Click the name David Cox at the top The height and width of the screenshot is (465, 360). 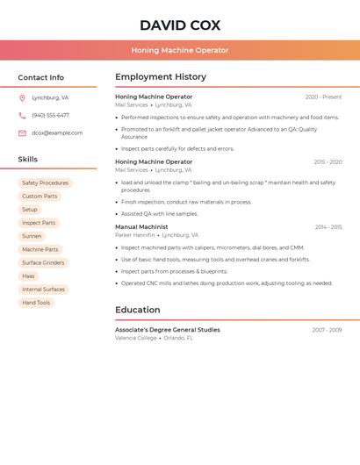pos(180,25)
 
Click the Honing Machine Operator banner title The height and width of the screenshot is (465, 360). pos(180,50)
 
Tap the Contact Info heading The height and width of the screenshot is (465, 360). pos(40,77)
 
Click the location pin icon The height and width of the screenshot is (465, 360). pos(22,97)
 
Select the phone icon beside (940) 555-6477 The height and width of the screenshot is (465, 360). pos(22,115)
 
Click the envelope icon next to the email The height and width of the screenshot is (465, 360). pos(22,132)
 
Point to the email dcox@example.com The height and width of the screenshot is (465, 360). pos(57,132)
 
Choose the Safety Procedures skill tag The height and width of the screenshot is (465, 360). pos(45,182)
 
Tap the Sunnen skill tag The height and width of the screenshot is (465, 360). pos(32,236)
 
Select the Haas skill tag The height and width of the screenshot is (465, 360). pos(29,275)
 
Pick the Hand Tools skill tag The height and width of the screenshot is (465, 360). pos(36,303)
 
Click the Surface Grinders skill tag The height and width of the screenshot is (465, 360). pos(43,262)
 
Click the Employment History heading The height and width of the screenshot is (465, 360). pos(161,77)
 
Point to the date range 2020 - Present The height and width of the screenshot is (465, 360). pos(323,97)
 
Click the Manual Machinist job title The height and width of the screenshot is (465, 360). pos(141,226)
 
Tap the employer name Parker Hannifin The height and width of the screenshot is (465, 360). pos(134,235)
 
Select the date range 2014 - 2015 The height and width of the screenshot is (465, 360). pos(328,227)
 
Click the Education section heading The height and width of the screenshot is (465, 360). pos(138,310)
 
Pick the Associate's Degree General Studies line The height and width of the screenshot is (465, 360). pos(168,330)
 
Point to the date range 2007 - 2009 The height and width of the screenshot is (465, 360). pos(327,330)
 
